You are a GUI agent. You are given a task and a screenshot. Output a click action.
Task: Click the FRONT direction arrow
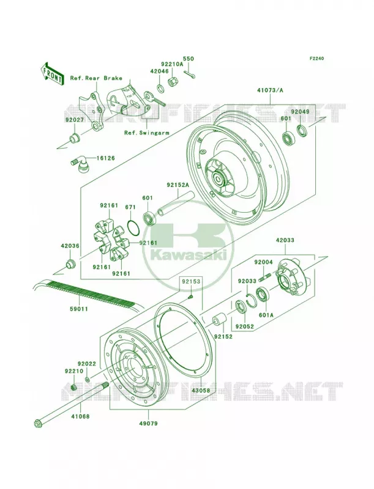point(52,73)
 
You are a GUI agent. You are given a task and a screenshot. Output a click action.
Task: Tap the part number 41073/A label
point(270,90)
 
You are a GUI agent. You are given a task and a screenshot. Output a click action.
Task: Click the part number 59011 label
point(79,309)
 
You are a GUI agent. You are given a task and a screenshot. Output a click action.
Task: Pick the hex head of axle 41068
point(38,424)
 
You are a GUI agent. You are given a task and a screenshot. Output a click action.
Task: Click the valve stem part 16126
point(80,164)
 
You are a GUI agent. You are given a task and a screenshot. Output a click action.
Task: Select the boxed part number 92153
point(191,281)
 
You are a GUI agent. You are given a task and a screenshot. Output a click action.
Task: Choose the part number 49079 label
point(148,423)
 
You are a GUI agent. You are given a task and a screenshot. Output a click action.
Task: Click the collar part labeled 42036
point(70,263)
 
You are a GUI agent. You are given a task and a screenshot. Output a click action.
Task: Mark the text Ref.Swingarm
point(147,133)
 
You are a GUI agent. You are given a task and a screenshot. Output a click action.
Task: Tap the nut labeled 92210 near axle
point(74,388)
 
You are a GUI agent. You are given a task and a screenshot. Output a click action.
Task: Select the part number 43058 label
point(201,390)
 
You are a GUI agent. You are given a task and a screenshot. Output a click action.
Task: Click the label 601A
point(266,315)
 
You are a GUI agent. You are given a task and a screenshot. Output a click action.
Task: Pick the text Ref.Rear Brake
point(96,78)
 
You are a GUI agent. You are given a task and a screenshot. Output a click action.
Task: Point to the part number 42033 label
point(285,240)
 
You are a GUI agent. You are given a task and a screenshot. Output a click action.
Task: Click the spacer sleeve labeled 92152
point(220,323)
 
